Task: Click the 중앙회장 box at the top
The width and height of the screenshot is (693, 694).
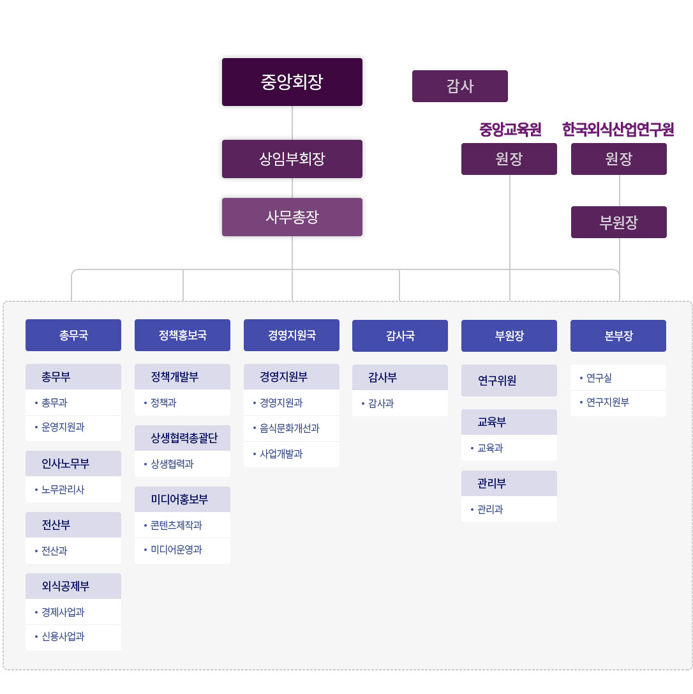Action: tap(292, 82)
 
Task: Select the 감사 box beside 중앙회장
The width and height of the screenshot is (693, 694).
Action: tap(459, 86)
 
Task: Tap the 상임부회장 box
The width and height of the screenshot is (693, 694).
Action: tap(292, 159)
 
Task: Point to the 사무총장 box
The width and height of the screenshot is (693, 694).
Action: tap(292, 217)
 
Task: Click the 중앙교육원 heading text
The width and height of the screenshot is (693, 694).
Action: tap(510, 130)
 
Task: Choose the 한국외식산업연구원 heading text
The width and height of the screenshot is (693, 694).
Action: tap(618, 130)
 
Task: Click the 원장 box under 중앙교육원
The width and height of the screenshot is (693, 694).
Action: tap(509, 159)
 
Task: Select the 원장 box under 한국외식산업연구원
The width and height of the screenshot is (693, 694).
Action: tap(618, 159)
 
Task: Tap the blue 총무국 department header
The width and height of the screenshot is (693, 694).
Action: tap(73, 335)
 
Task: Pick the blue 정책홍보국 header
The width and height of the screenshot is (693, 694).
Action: tap(183, 335)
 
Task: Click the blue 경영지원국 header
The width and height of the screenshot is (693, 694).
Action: tap(292, 335)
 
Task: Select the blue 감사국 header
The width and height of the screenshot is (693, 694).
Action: tap(400, 336)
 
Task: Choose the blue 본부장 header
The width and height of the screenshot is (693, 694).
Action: tap(618, 336)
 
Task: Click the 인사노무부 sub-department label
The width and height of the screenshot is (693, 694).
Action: tap(66, 464)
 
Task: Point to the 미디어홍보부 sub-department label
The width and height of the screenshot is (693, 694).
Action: tap(179, 499)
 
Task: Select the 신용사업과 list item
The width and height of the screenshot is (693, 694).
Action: tap(63, 637)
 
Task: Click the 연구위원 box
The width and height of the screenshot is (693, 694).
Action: tap(497, 381)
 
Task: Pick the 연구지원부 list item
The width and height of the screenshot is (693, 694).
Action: tap(607, 402)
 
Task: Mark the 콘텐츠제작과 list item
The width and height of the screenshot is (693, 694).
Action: tap(176, 525)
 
